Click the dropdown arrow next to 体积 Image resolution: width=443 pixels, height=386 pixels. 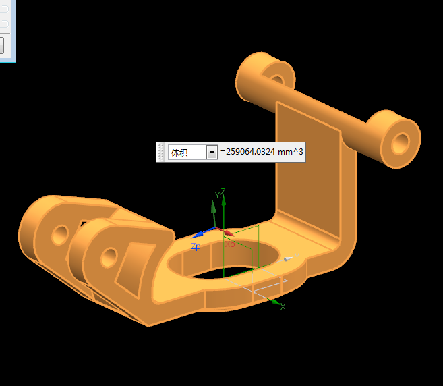pos(212,153)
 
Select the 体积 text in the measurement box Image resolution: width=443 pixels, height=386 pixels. pos(179,153)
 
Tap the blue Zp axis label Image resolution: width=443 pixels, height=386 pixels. pos(196,246)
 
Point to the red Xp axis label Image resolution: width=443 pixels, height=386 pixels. pos(230,244)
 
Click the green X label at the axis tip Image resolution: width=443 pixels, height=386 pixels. pos(283,306)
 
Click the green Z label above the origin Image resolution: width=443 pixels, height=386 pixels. pos(223,192)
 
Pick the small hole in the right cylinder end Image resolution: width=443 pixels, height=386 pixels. pos(401,143)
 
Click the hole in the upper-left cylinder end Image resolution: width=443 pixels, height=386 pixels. pos(277,80)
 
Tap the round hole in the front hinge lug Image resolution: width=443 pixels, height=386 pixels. pos(109,258)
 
